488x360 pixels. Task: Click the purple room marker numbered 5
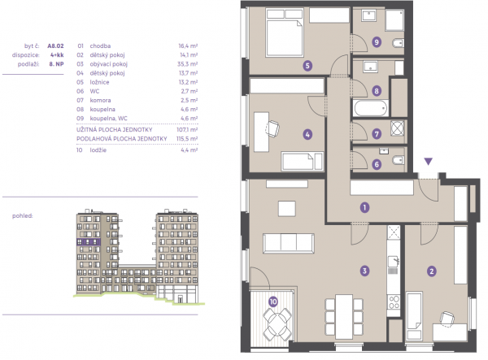tap(307, 66)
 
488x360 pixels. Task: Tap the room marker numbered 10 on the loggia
tap(273, 301)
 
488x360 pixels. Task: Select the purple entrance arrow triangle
tap(429, 162)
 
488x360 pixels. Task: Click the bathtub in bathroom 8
tap(370, 108)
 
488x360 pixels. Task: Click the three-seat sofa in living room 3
tap(289, 243)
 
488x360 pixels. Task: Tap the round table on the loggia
tap(277, 323)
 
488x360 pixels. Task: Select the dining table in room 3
tap(344, 317)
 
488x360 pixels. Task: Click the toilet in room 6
tap(399, 160)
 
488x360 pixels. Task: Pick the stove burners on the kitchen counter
tap(394, 302)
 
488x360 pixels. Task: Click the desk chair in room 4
tap(272, 128)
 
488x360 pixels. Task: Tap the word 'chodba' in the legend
tap(100, 46)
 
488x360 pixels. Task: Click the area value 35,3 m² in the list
tap(188, 64)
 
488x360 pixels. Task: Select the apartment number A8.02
tap(55, 46)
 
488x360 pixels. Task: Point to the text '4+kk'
tap(57, 55)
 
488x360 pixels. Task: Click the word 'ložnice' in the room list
tap(99, 82)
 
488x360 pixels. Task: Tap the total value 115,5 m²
tap(187, 139)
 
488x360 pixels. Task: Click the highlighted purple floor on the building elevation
tap(89, 242)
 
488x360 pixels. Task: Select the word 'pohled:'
tap(23, 215)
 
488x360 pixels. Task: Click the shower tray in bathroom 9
tap(394, 20)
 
